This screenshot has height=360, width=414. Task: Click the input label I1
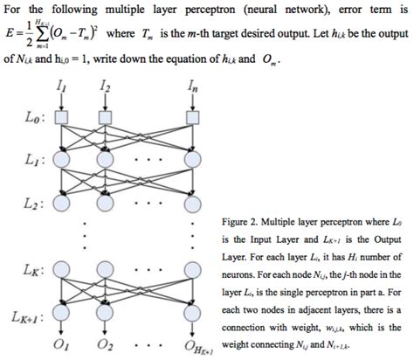pyautogui.click(x=59, y=89)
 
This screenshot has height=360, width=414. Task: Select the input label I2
pyautogui.click(x=106, y=89)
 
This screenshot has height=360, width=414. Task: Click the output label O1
pyautogui.click(x=60, y=347)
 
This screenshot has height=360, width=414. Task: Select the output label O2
pyautogui.click(x=107, y=347)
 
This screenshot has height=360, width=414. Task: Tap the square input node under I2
pyautogui.click(x=106, y=116)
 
